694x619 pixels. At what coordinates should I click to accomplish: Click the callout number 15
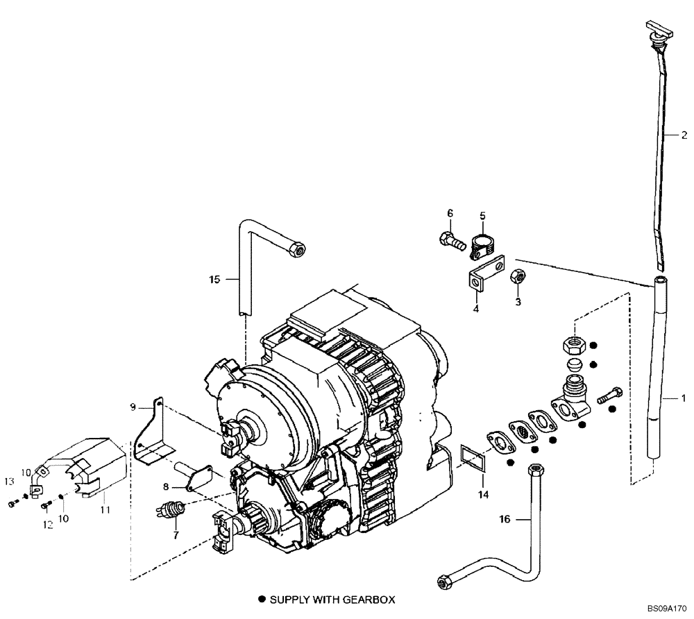pyautogui.click(x=214, y=280)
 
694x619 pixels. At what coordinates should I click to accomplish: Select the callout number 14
pyautogui.click(x=483, y=495)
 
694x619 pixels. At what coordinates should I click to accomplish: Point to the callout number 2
pyautogui.click(x=683, y=135)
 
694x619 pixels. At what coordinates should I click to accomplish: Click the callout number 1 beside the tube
pyautogui.click(x=683, y=399)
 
